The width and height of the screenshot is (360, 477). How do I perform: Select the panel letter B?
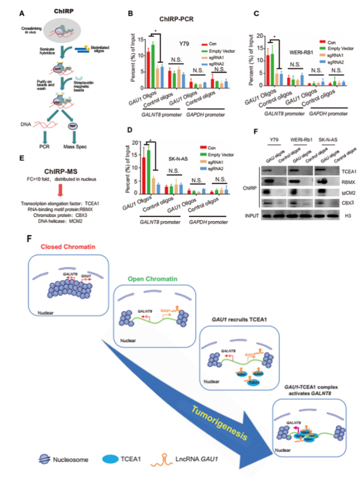pyautogui.click(x=129, y=14)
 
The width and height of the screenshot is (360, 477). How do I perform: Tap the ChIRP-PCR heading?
pyautogui.click(x=171, y=19)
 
